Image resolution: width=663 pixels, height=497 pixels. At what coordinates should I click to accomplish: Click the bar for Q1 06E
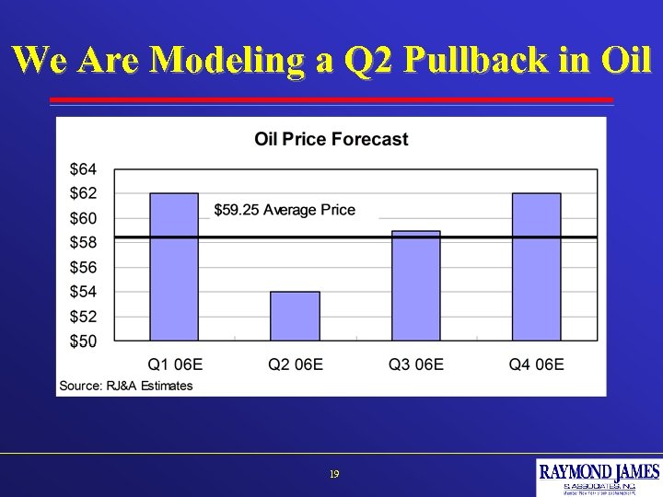pyautogui.click(x=174, y=267)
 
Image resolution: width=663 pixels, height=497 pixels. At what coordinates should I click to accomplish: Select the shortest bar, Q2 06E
pyautogui.click(x=295, y=316)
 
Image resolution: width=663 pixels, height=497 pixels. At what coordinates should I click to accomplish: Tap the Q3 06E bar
pyautogui.click(x=415, y=285)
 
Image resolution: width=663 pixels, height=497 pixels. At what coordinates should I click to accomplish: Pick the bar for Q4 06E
pyautogui.click(x=536, y=267)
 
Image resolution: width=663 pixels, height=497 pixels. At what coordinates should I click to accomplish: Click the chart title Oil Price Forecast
pyautogui.click(x=331, y=140)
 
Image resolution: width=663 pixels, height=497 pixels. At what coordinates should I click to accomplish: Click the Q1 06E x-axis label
pyautogui.click(x=175, y=364)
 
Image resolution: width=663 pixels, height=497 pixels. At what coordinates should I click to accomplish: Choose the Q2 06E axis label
pyautogui.click(x=296, y=364)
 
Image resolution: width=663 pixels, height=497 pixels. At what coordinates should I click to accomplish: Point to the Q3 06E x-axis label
pyautogui.click(x=416, y=364)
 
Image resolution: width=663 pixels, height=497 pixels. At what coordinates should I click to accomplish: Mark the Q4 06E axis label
pyautogui.click(x=537, y=364)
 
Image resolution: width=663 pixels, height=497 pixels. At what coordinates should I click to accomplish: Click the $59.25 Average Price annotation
pyautogui.click(x=285, y=210)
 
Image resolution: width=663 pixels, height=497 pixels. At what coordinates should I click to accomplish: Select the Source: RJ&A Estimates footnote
pyautogui.click(x=126, y=386)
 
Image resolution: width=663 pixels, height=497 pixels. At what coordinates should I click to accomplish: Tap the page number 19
pyautogui.click(x=334, y=475)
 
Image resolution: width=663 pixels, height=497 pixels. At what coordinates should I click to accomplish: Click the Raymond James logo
pyautogui.click(x=599, y=477)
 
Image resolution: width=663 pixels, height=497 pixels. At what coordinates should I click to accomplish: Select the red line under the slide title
pyautogui.click(x=331, y=99)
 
